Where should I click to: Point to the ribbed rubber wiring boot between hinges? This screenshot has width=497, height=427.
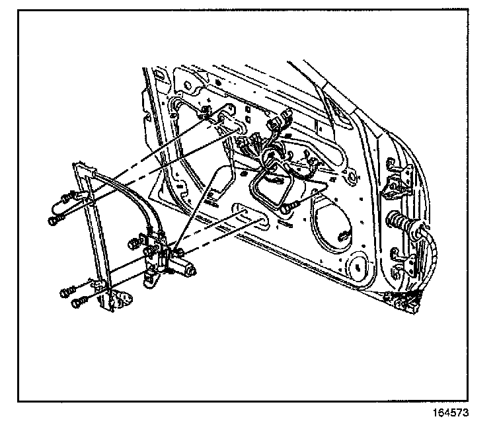pyautogui.click(x=399, y=221)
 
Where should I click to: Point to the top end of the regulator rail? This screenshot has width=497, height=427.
pyautogui.click(x=78, y=165)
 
